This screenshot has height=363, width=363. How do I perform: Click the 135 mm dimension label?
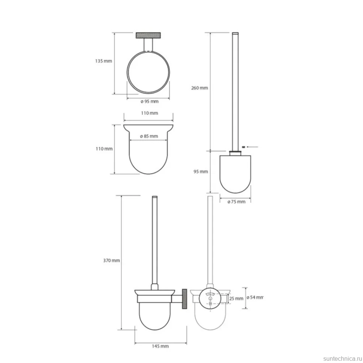(x=104, y=61)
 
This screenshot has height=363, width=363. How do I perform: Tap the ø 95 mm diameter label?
(x=150, y=101)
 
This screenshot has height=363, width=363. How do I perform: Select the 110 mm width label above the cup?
(x=150, y=113)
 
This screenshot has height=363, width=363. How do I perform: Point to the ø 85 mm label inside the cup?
(x=149, y=136)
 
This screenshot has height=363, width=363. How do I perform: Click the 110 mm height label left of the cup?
(x=104, y=149)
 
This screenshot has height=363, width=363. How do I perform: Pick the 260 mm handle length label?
(x=199, y=88)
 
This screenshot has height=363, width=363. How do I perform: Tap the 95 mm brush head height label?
(x=201, y=171)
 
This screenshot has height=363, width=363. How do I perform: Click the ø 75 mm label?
(x=237, y=202)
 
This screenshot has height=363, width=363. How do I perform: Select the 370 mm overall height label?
(x=112, y=260)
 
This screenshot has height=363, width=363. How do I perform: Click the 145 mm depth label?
(x=160, y=346)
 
